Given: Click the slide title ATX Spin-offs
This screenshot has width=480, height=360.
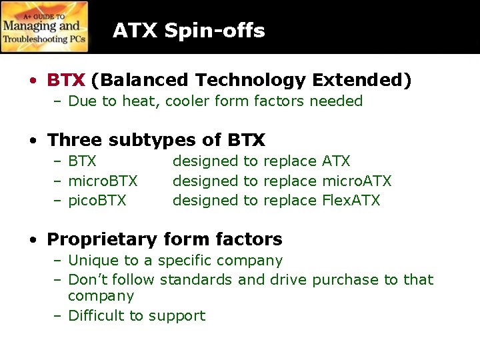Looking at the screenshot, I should coord(189,31).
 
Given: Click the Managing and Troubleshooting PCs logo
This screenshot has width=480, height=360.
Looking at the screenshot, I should coord(45,27).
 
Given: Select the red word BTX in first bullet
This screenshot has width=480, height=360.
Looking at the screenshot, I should coord(66,81).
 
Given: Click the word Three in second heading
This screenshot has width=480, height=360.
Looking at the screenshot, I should coord(75,140).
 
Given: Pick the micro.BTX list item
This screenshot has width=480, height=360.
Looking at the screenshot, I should coord(103,181).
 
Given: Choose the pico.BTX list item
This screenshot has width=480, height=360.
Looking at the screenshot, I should coord(97,200).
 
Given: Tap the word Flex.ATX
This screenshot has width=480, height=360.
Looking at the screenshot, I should coord(351,200).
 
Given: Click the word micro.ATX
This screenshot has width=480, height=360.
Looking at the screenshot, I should coord(357,181).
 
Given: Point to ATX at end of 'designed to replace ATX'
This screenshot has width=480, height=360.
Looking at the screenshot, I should coord(336,161).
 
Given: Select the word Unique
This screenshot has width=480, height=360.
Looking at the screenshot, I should coord(93,261).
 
